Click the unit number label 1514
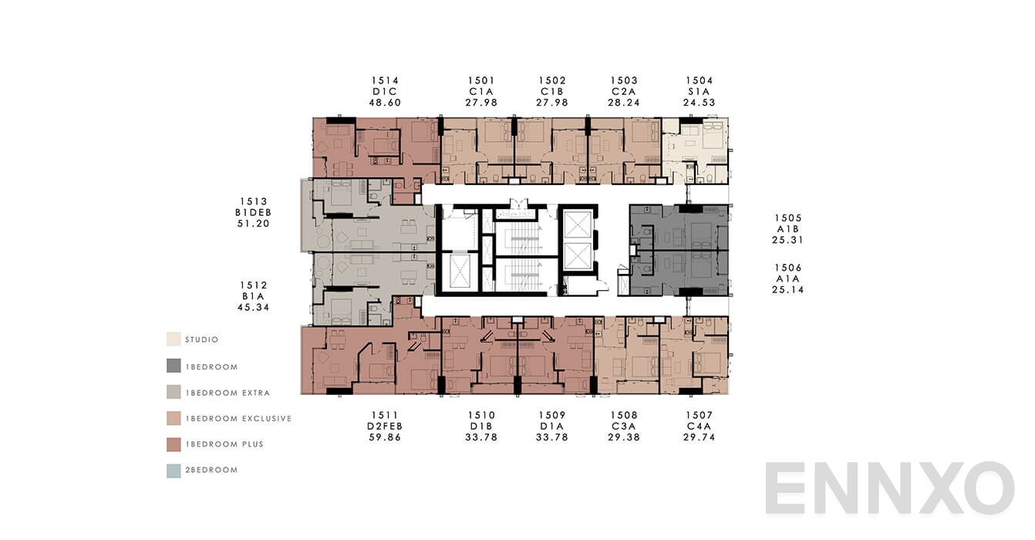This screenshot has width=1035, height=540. [385, 80]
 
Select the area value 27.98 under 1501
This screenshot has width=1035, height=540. [481, 102]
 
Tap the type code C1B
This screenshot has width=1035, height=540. [552, 91]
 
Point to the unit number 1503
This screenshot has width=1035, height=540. [624, 80]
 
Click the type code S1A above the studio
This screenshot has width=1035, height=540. [699, 91]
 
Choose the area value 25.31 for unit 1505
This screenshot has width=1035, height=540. [788, 240]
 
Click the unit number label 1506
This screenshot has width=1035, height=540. [788, 268]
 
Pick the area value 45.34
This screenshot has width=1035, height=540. [253, 307]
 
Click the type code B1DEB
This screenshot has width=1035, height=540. [253, 213]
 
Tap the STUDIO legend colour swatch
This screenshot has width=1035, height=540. [174, 339]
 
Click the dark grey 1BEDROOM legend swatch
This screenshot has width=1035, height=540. [174, 366]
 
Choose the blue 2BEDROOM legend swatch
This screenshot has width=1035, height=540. [174, 471]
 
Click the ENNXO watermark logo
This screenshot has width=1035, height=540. [888, 489]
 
